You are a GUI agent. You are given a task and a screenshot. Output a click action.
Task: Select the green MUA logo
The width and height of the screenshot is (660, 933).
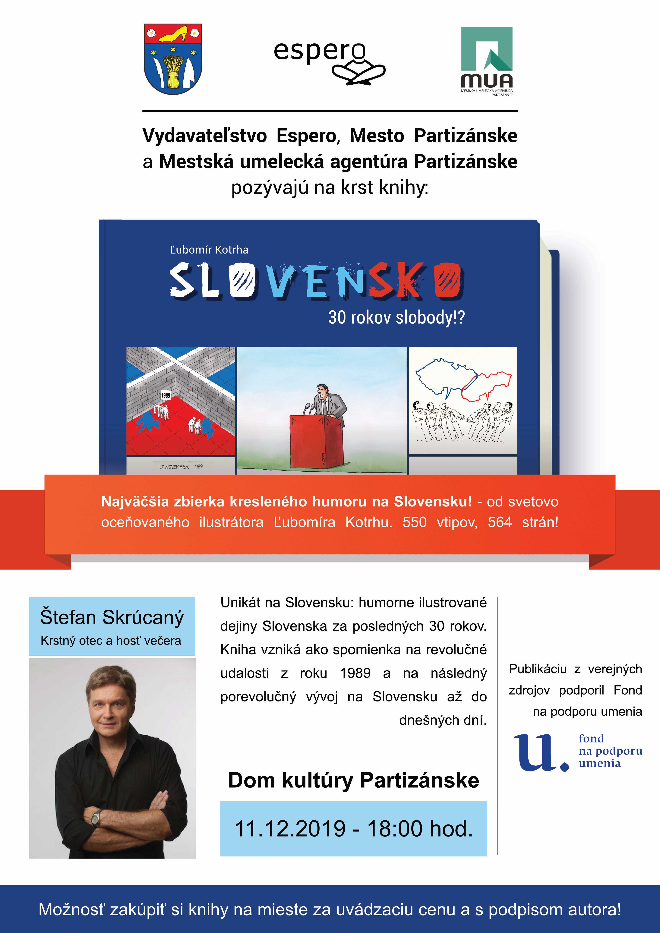click(x=486, y=61)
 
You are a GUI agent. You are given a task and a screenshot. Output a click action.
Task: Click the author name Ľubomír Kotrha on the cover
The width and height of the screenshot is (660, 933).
click(x=209, y=250)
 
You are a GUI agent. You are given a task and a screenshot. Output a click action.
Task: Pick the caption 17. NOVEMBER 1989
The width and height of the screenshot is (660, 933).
click(x=181, y=466)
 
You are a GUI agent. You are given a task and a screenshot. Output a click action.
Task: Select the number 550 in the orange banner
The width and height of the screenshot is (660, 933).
click(x=415, y=522)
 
